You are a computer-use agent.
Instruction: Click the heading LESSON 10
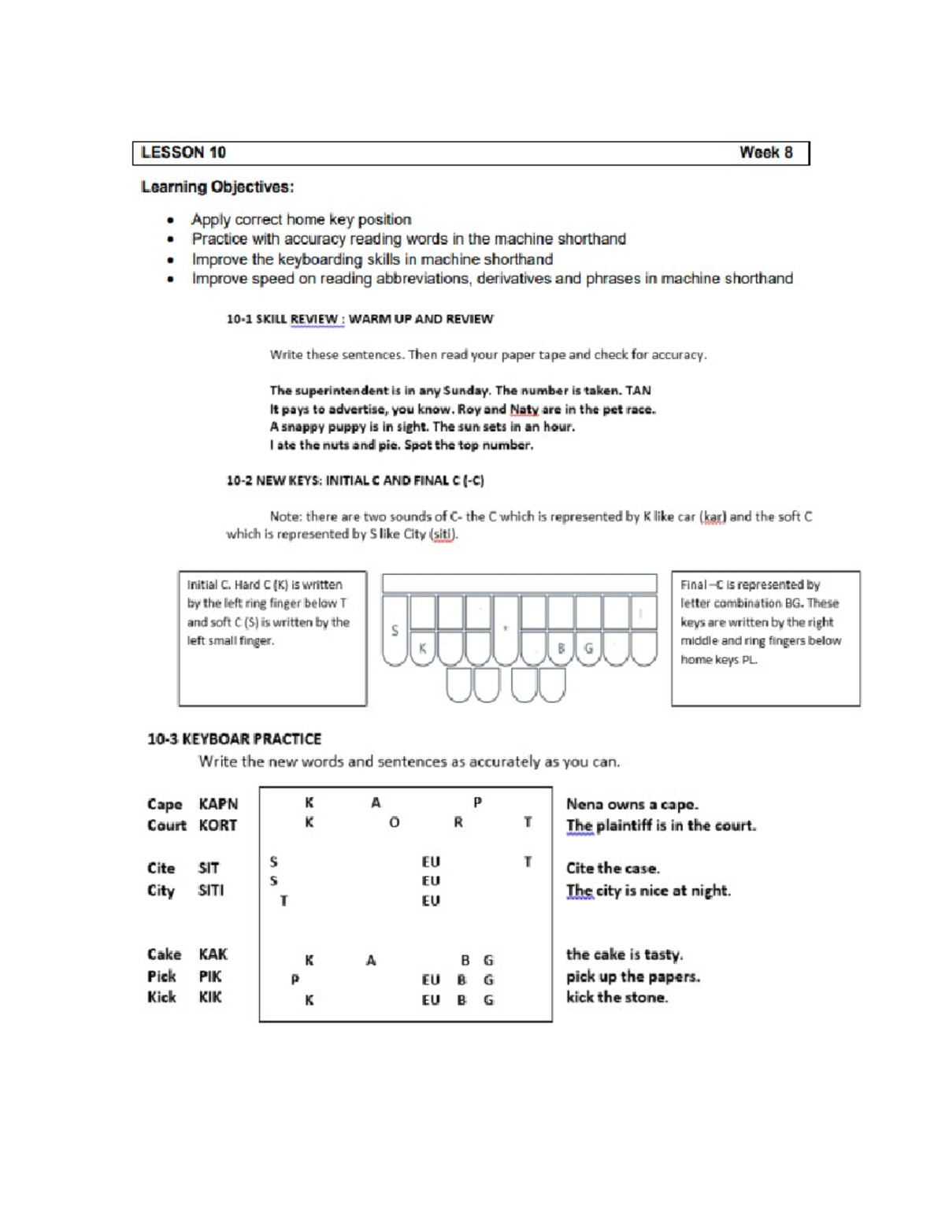tap(183, 153)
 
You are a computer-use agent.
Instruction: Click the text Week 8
tap(765, 153)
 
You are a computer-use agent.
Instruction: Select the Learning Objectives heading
tap(217, 187)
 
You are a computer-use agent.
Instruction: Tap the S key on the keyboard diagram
tap(395, 630)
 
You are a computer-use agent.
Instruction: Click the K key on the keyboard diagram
tap(423, 648)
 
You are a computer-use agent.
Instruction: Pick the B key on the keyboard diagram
tap(561, 648)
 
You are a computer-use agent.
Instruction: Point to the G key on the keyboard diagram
tap(588, 648)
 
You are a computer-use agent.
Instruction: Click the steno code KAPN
tap(218, 804)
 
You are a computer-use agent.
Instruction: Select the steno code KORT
tap(217, 825)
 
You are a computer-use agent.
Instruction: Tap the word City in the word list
tap(161, 891)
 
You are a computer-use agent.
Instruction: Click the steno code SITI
tap(211, 891)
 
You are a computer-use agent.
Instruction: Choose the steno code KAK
tap(213, 954)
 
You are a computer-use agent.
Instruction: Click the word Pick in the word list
tap(161, 977)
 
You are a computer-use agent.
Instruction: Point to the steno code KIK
tap(210, 997)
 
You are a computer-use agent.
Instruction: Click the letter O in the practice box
tap(395, 822)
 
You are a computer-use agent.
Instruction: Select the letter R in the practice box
tap(458, 822)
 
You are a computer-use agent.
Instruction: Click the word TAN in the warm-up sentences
tap(638, 391)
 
